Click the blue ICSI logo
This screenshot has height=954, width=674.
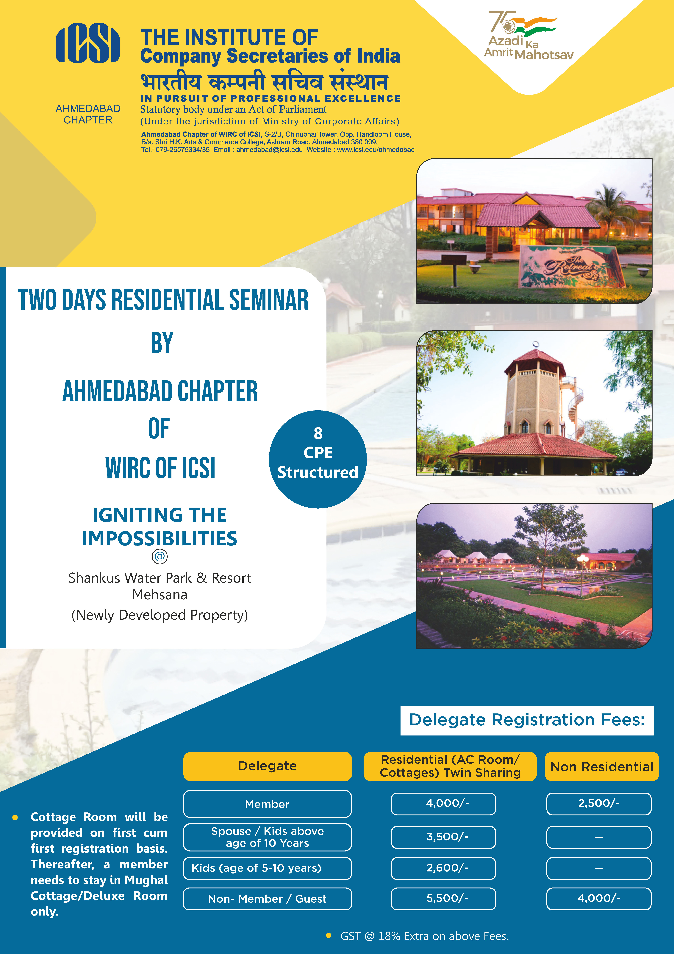[88, 43]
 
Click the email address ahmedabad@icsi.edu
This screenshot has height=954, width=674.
[270, 150]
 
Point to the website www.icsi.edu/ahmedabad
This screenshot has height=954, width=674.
[375, 150]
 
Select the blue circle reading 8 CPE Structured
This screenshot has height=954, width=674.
[318, 459]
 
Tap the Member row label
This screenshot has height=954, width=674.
[267, 804]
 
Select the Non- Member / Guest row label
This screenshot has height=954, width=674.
[267, 899]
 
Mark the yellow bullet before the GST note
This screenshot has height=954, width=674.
[329, 936]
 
